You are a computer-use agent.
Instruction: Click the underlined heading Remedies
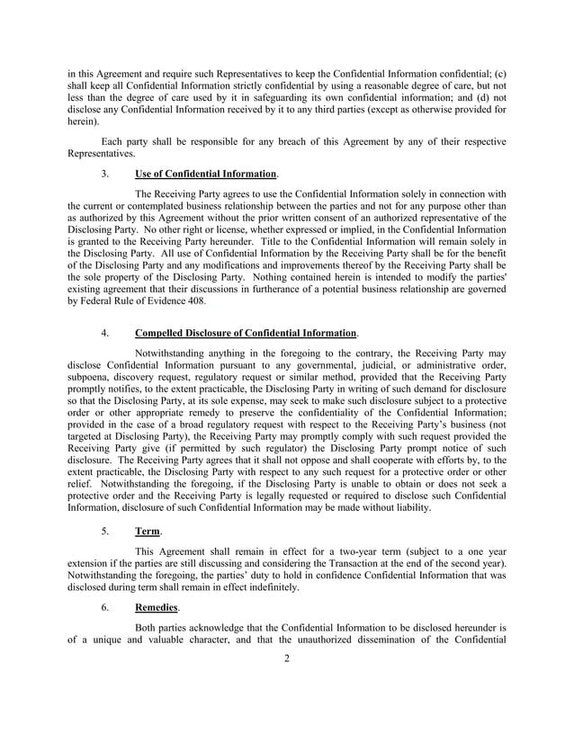tap(157, 607)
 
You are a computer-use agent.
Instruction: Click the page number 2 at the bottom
tap(287, 658)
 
